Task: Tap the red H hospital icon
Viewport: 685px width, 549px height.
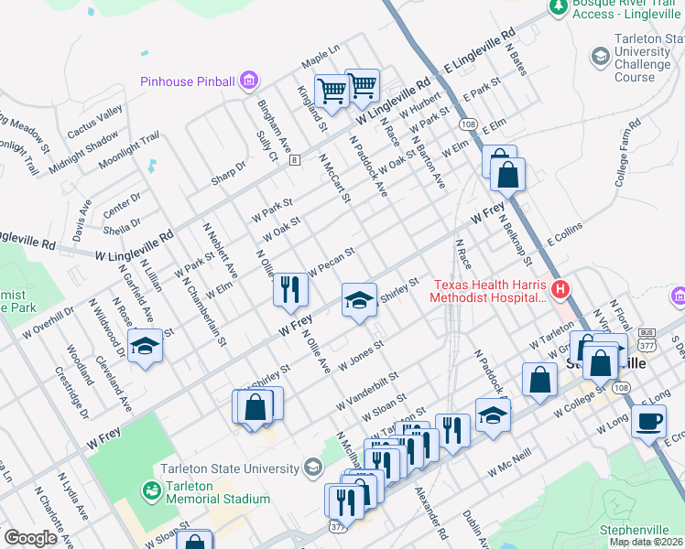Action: tap(560, 290)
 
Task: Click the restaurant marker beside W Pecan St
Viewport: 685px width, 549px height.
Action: tap(290, 290)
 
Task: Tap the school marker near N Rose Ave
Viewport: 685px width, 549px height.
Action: tap(144, 346)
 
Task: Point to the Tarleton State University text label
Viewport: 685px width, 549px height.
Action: tap(229, 469)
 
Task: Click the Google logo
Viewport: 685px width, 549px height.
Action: tap(30, 538)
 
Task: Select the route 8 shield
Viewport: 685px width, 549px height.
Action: tap(294, 160)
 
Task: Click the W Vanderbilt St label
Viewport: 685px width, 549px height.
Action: tap(368, 390)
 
